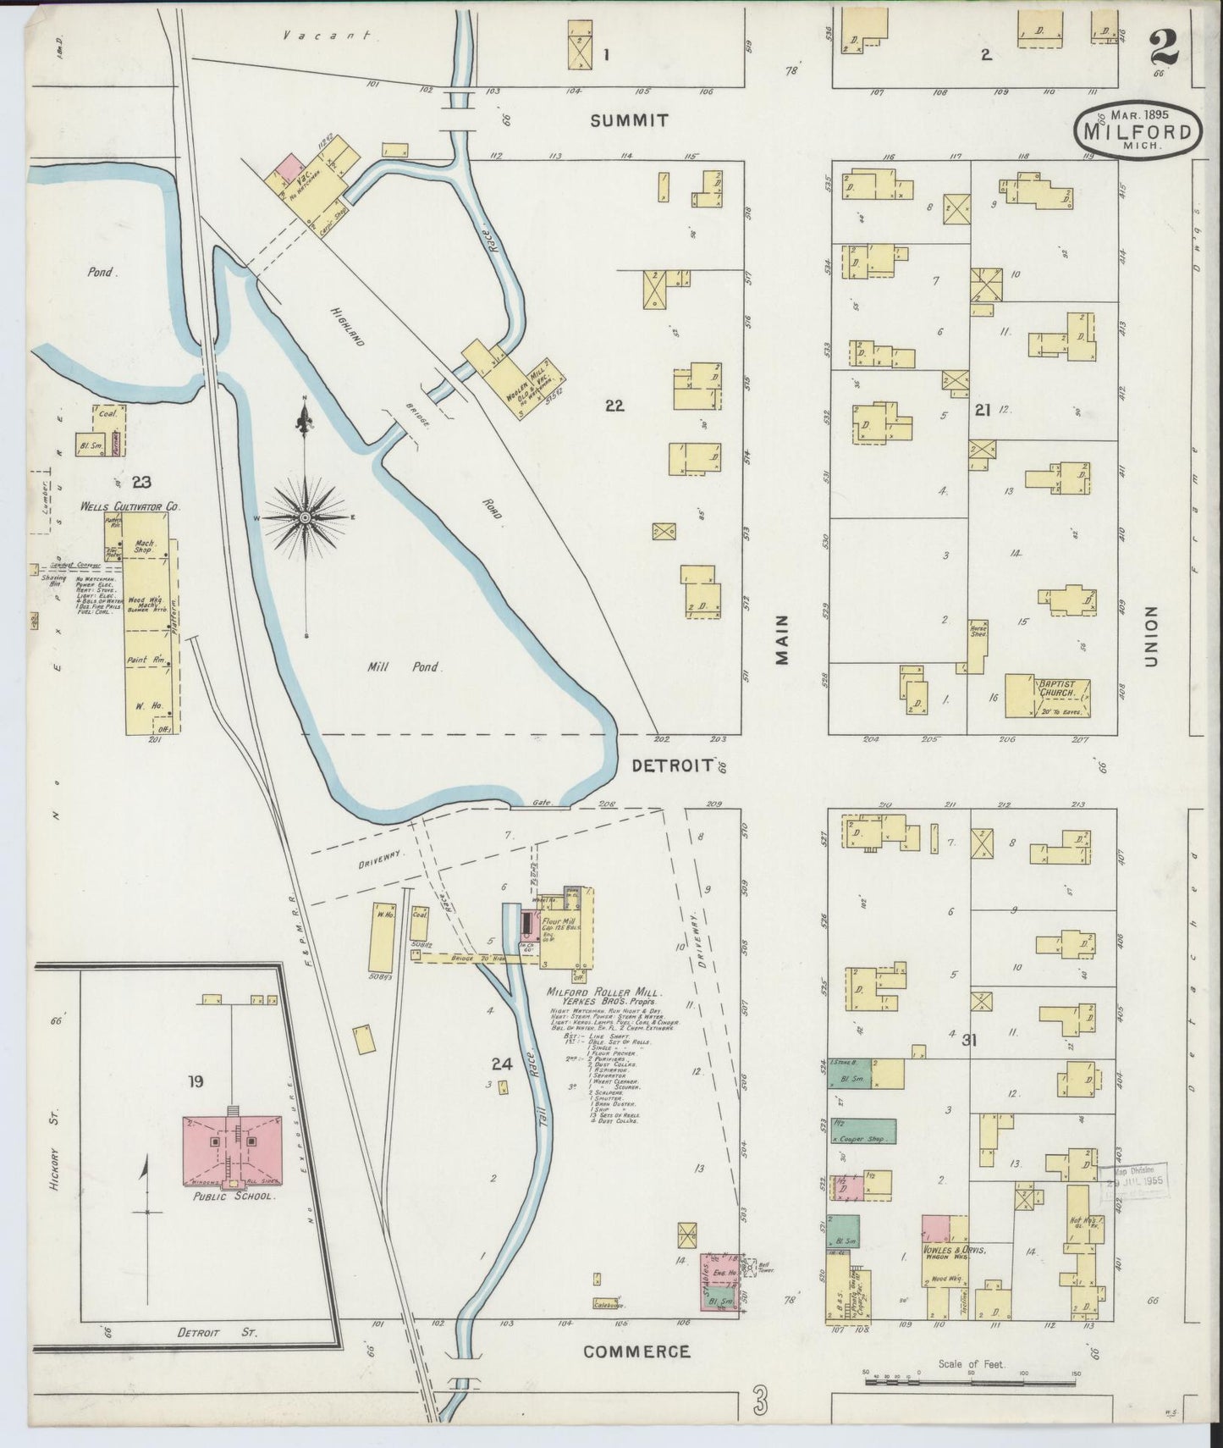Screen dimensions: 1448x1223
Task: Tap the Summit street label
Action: [x=629, y=121]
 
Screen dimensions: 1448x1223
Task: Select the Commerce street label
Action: [x=636, y=1351]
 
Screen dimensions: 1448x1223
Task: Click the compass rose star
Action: [x=305, y=517]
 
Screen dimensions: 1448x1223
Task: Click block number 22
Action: [x=614, y=406]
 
